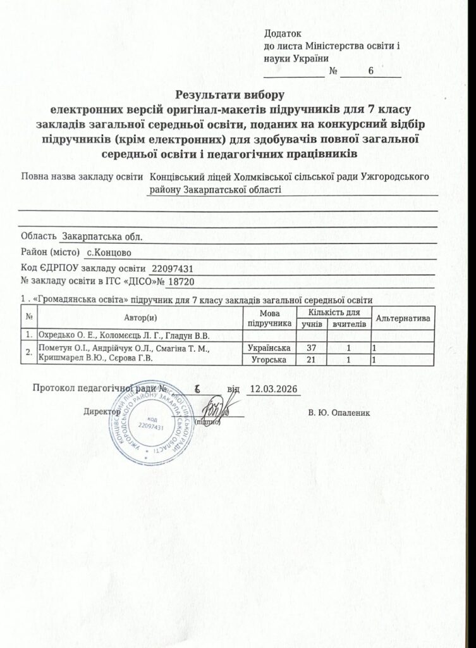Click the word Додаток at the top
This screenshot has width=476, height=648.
(x=282, y=35)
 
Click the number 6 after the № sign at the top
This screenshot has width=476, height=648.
(x=371, y=72)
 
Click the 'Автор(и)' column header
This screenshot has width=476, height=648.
(x=140, y=316)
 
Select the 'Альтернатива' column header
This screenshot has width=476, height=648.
(x=403, y=316)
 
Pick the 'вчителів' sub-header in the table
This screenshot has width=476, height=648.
(x=349, y=323)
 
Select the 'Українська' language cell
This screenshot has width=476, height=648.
(x=269, y=348)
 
